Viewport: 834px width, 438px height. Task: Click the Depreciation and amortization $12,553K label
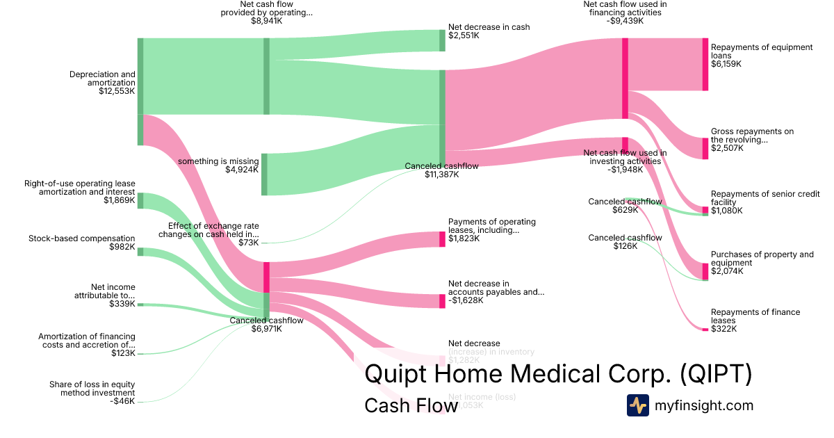pyautogui.click(x=102, y=83)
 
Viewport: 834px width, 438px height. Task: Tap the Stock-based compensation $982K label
pyautogui.click(x=82, y=243)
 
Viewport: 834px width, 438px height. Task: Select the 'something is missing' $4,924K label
pyautogui.click(x=218, y=165)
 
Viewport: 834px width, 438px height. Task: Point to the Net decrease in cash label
pyautogui.click(x=489, y=31)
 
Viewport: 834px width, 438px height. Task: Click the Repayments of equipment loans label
pyautogui.click(x=761, y=56)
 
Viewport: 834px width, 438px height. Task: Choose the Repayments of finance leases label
pyautogui.click(x=755, y=321)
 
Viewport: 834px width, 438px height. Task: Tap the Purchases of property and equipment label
pyautogui.click(x=762, y=263)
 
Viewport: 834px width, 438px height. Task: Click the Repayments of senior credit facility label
pyautogui.click(x=765, y=202)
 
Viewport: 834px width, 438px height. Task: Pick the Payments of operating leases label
pyautogui.click(x=492, y=230)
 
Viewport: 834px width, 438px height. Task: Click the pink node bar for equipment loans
pyautogui.click(x=705, y=65)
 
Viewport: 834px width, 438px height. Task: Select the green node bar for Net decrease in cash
pyautogui.click(x=442, y=40)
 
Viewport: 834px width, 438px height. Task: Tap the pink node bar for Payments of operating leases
pyautogui.click(x=442, y=239)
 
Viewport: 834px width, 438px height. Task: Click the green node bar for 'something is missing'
pyautogui.click(x=264, y=175)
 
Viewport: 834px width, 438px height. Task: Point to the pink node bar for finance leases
pyautogui.click(x=705, y=328)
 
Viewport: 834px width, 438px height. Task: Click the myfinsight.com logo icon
pyautogui.click(x=637, y=405)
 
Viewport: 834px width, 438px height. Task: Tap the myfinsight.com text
pyautogui.click(x=704, y=405)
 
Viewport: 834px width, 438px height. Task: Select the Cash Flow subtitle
pyautogui.click(x=411, y=406)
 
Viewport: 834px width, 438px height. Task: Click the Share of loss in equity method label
pyautogui.click(x=92, y=393)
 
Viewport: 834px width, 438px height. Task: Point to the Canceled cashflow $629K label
pyautogui.click(x=625, y=206)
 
